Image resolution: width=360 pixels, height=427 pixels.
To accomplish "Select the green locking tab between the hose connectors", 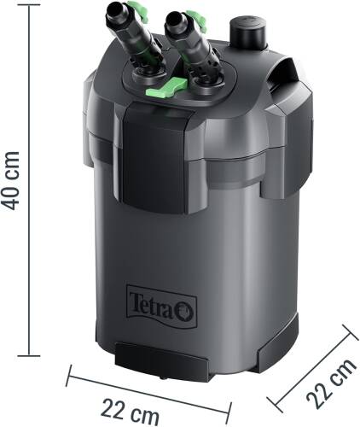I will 174,85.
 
